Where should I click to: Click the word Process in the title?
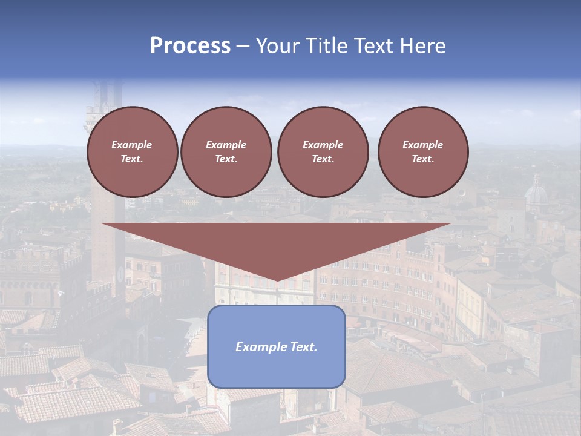190,46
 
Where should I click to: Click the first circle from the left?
133,152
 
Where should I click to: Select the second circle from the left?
226,152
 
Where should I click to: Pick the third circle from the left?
323,152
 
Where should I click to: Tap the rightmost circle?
423,152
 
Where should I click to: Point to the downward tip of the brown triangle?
277,280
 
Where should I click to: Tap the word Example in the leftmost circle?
132,145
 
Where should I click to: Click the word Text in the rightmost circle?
422,159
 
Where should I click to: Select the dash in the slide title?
243,46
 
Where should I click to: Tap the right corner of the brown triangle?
450,224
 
